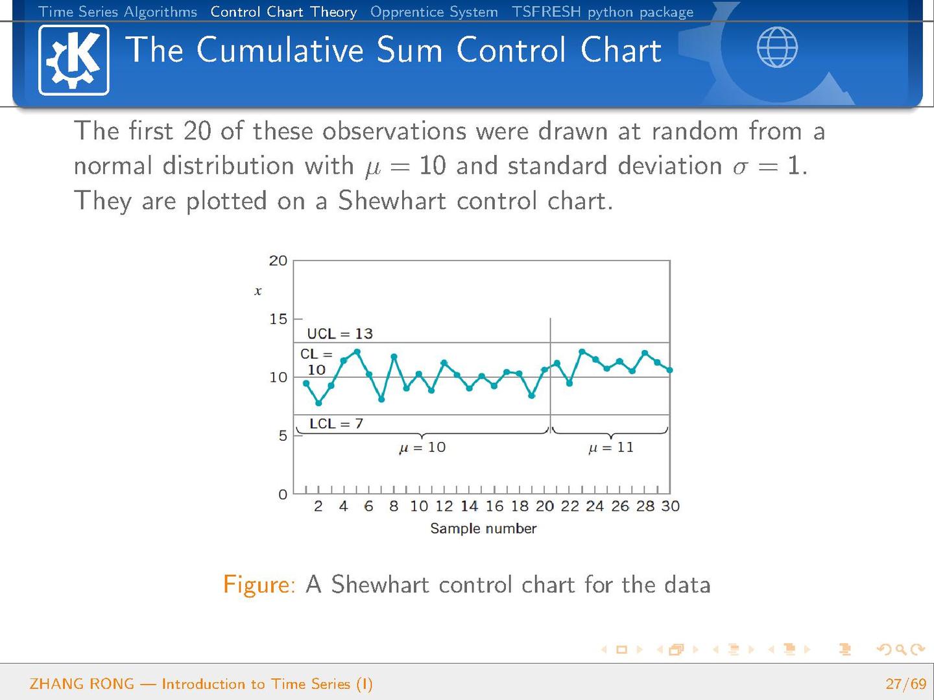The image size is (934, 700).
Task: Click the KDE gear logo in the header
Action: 73,60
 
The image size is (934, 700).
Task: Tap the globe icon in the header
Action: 777,47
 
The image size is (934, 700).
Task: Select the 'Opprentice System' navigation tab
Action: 434,12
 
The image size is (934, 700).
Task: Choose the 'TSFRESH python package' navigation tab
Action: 603,12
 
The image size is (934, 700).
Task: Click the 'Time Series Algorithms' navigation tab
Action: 118,12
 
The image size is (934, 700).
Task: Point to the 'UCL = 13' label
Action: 340,334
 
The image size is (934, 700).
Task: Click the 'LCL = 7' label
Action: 336,423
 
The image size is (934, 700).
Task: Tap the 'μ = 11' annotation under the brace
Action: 610,447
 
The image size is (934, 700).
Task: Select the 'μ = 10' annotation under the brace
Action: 422,447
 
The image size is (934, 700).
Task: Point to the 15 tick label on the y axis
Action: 278,319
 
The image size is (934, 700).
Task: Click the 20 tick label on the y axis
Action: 278,261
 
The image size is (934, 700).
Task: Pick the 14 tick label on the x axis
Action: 469,506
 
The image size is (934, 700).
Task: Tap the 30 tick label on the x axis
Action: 670,506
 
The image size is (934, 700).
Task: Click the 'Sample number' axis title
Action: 483,528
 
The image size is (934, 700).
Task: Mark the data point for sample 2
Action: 318,403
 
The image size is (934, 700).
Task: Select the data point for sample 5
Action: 357,352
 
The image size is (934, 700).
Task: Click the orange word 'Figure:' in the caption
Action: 259,585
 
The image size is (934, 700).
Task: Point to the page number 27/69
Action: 905,684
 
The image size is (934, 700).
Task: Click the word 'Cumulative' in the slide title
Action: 280,50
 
